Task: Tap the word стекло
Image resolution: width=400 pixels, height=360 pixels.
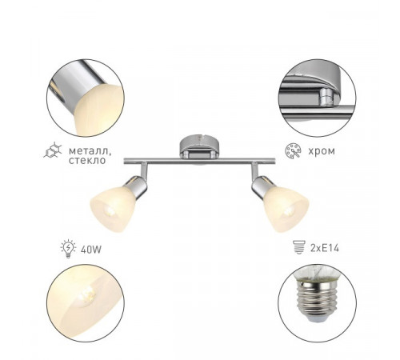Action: pos(87,161)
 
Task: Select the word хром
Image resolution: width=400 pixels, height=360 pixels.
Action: pos(322,151)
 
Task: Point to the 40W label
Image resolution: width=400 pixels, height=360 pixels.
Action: pos(91,250)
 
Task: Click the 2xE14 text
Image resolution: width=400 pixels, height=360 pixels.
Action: pos(325,248)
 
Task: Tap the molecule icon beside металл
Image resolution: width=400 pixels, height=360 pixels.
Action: pos(53,150)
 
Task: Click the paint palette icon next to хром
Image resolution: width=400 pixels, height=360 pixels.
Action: pos(293,151)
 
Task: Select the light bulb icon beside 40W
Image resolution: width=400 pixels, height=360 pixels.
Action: pos(68,248)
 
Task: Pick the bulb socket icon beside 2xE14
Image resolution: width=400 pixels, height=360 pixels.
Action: pos(298,247)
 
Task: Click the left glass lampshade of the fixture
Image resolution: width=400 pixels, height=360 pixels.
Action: pos(114,207)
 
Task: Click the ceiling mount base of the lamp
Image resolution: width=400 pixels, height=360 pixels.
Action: pos(200,146)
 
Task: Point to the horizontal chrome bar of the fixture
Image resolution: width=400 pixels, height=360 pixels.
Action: pos(199,161)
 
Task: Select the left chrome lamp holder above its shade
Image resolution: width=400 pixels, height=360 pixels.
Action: pos(137,186)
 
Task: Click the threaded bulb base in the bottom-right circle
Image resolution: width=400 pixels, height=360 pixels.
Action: pos(317,301)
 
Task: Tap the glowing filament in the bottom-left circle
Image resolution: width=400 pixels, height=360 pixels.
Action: pos(86,296)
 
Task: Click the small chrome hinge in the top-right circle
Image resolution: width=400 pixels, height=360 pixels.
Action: pos(326,97)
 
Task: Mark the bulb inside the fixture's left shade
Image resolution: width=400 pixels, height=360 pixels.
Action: pos(110,211)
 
